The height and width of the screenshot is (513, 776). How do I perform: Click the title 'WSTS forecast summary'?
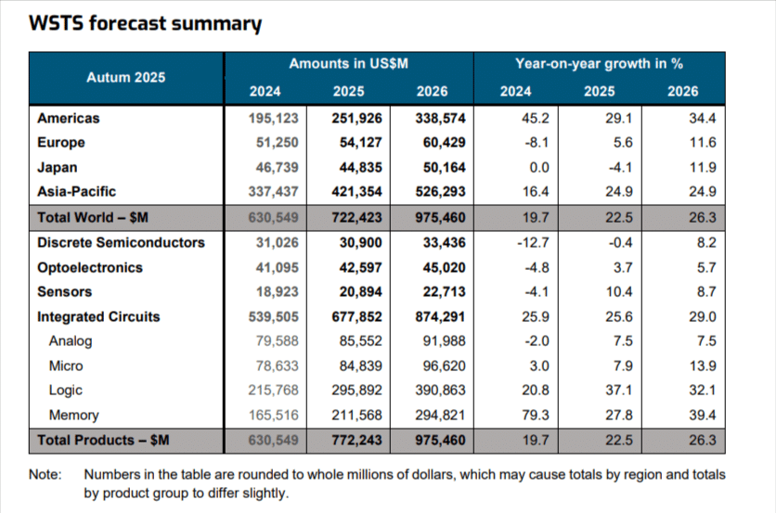point(145,24)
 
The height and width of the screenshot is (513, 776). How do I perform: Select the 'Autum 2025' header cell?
point(125,77)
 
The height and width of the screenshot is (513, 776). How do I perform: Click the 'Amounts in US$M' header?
point(349,64)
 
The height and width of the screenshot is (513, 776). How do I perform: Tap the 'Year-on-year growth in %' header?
point(599,64)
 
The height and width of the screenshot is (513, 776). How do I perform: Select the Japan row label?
point(57,168)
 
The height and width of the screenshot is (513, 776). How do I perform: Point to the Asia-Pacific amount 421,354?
point(349,193)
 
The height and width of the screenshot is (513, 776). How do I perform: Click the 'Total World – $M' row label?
point(93,218)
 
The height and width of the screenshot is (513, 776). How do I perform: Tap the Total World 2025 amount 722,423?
point(349,218)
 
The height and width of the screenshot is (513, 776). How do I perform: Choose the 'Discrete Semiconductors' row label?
point(120,242)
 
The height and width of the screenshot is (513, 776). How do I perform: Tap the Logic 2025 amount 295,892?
point(349,391)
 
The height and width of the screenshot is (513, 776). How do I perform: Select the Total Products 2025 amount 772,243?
point(349,440)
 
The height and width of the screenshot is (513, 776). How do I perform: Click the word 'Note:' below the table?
point(45,474)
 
